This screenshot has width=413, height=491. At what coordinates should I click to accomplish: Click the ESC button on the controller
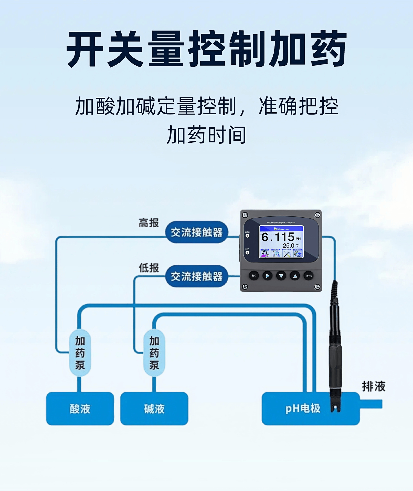[x=254, y=276]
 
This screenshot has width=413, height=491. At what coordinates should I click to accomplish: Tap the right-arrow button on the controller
[x=268, y=276]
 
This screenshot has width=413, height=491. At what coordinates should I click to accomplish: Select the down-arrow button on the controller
[x=281, y=276]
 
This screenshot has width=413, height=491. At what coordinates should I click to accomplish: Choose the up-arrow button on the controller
[x=295, y=276]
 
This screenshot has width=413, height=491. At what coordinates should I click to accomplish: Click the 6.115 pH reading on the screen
[x=278, y=237]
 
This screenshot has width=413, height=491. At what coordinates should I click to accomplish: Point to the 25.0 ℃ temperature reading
[x=291, y=245]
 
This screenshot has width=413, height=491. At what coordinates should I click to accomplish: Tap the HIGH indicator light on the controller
[x=247, y=236]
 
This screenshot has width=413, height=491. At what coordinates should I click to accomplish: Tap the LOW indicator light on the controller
[x=247, y=253]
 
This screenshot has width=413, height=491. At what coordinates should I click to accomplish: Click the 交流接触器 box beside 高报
[x=196, y=232]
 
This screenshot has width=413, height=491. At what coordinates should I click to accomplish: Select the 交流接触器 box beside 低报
[x=196, y=276]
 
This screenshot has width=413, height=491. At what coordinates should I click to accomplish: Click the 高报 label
[x=149, y=223]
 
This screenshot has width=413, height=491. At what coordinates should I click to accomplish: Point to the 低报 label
[x=149, y=268]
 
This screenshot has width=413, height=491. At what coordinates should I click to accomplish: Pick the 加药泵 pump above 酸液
[x=80, y=353]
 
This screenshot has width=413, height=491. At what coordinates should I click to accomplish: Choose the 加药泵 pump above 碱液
[x=154, y=353]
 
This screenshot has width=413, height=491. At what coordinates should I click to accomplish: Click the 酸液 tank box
[x=80, y=409]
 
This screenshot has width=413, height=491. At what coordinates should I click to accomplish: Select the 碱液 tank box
[x=154, y=409]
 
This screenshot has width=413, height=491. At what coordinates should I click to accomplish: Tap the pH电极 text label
[x=303, y=408]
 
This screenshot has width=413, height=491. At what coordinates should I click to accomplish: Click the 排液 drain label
[x=374, y=386]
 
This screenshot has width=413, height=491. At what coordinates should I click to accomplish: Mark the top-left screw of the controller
[x=245, y=215]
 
